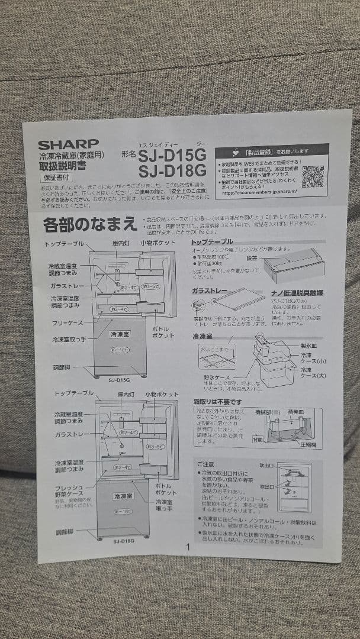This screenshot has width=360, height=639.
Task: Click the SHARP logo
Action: (68, 144)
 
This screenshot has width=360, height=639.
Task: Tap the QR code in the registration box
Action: (313, 176)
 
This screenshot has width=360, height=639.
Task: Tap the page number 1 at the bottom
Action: (188, 547)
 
